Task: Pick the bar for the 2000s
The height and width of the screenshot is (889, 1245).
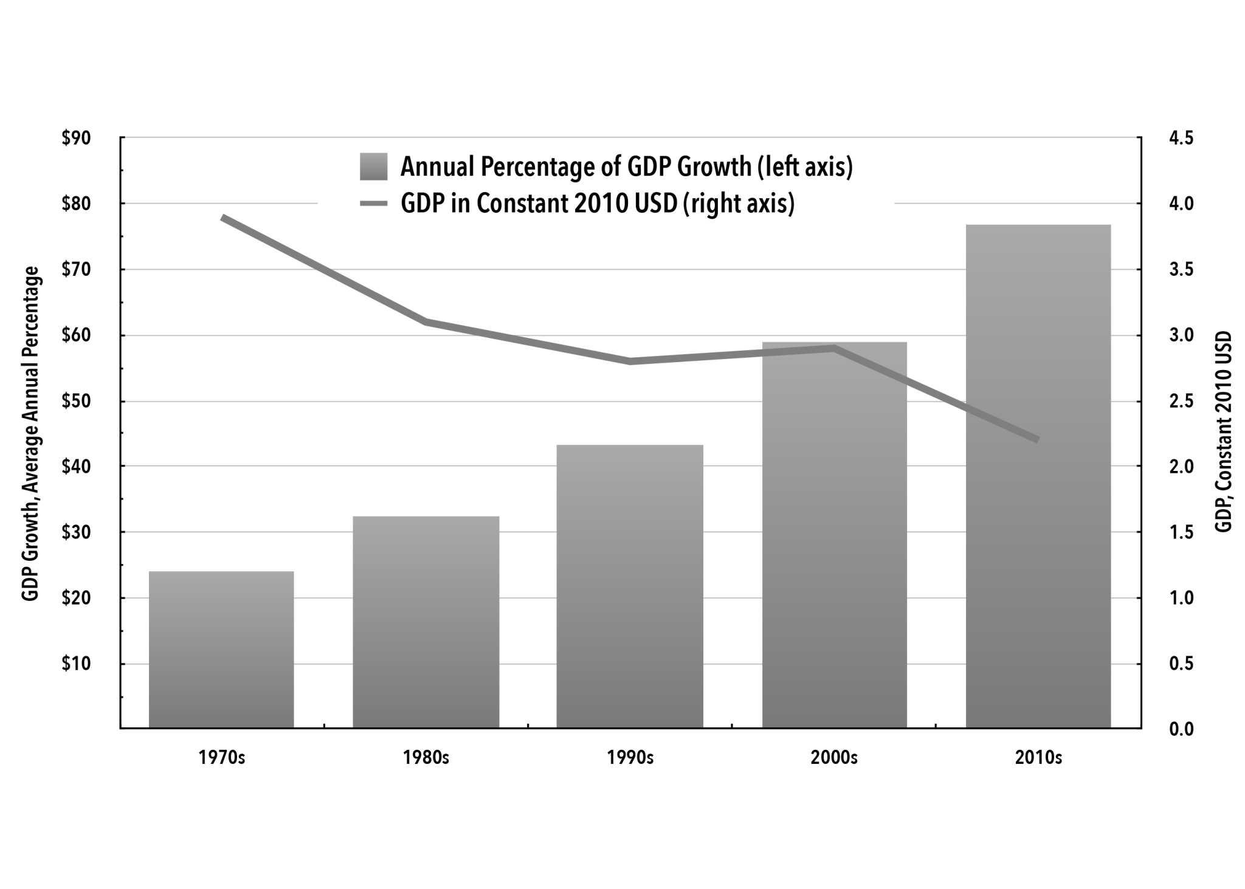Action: click(834, 535)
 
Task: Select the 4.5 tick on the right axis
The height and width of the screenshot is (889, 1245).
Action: click(1181, 139)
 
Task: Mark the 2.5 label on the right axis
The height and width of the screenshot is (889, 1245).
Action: click(1181, 402)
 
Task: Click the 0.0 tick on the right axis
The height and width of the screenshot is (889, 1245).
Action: click(1181, 729)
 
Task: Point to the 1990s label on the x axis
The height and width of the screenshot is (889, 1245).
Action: click(630, 758)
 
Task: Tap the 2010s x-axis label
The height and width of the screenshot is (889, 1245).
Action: click(1038, 758)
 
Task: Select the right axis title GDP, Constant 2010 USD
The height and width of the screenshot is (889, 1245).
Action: click(1223, 431)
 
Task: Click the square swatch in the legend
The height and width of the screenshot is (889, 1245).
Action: click(373, 166)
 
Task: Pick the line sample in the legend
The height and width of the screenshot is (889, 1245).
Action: click(373, 204)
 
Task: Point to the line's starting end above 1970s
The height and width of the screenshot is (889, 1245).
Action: click(223, 218)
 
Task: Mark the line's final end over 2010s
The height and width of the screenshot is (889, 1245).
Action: click(1037, 439)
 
